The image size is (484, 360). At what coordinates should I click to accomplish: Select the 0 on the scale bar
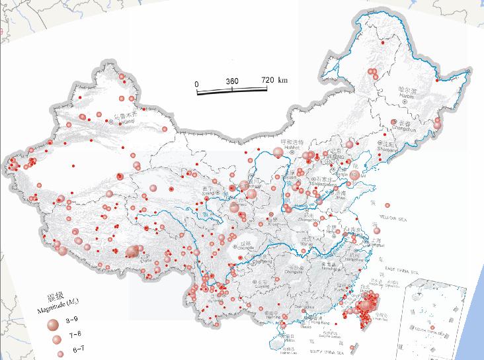click(196, 83)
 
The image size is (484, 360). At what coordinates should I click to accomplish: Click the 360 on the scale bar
click(232, 81)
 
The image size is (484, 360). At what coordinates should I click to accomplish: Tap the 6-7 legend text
click(78, 348)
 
